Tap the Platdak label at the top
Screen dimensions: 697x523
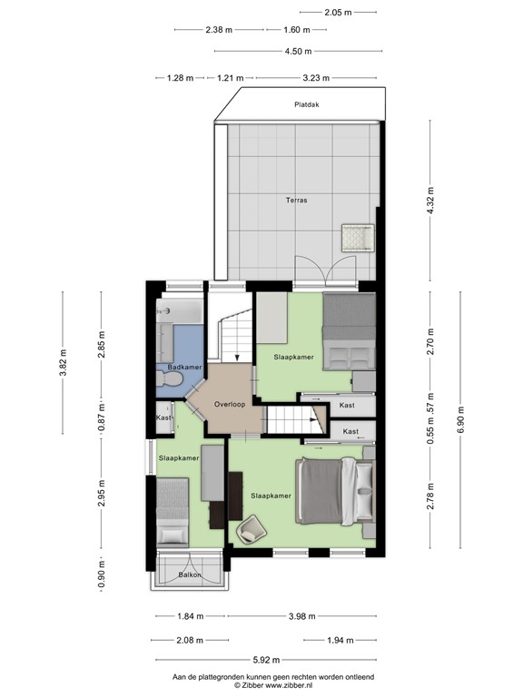pos(306,104)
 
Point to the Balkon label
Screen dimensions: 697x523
pos(189,574)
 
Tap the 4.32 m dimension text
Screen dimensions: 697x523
pos(430,201)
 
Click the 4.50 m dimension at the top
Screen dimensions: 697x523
pos(298,52)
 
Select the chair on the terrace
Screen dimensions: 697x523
pos(356,238)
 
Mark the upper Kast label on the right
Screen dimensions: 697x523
pos(346,405)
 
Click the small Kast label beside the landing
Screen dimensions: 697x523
pos(163,417)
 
